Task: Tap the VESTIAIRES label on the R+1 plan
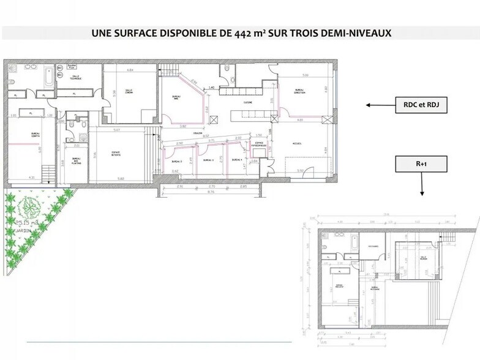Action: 372,246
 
